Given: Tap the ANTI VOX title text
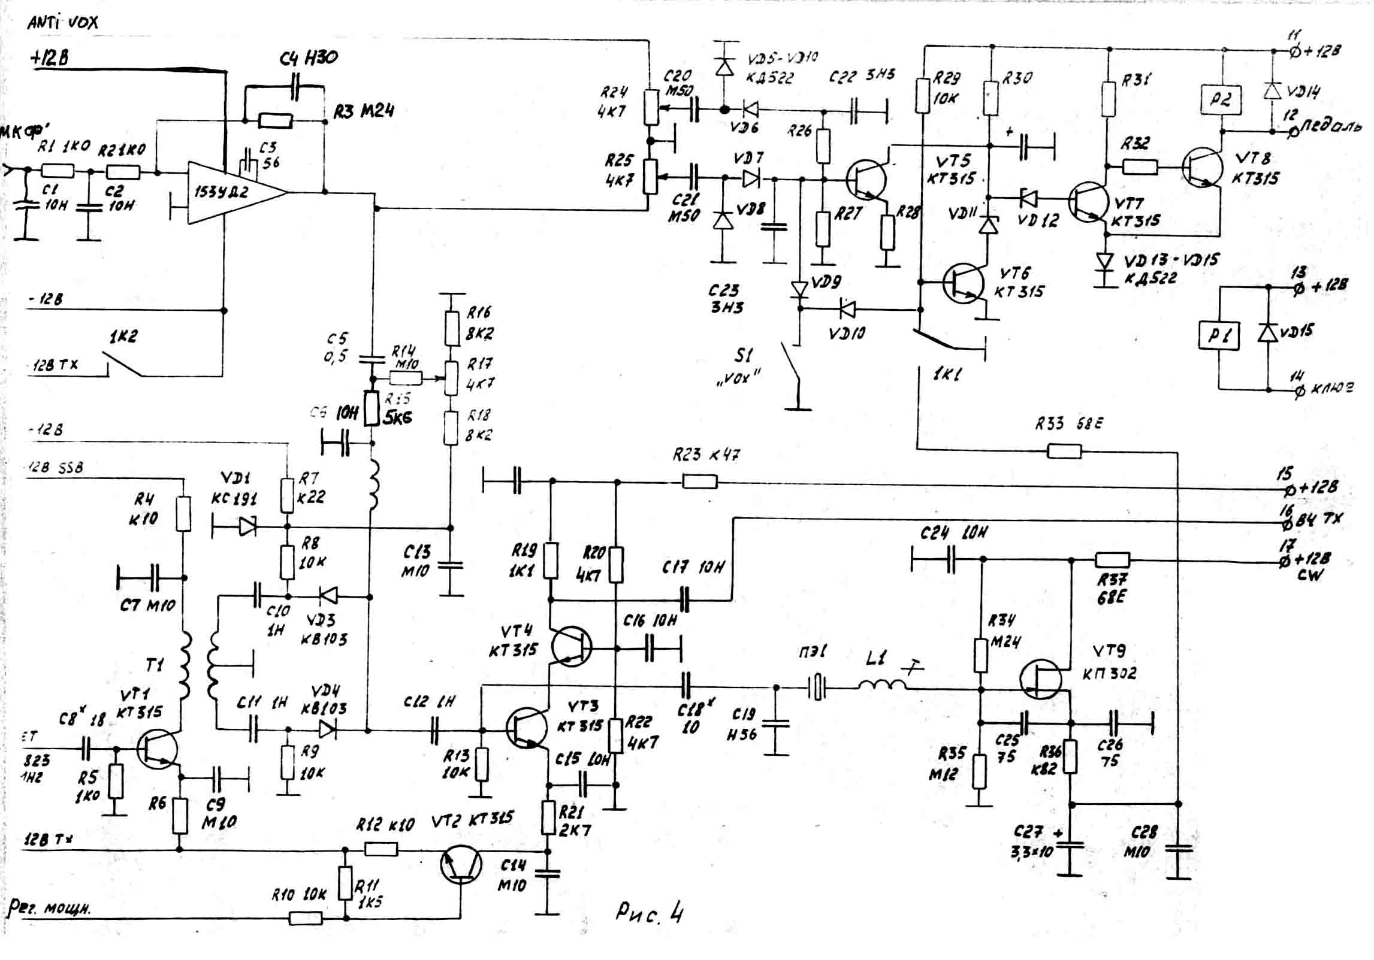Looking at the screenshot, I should click(x=62, y=23).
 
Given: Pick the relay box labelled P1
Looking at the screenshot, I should click(x=1219, y=335).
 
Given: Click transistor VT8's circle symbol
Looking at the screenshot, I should click(x=1202, y=168).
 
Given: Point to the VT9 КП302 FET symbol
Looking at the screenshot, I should click(x=1041, y=679).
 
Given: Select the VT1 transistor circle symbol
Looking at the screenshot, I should click(x=157, y=749).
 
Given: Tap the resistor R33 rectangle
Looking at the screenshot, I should click(x=1064, y=450).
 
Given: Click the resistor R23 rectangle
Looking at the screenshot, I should click(x=700, y=481).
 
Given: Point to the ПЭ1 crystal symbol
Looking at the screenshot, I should click(x=817, y=688).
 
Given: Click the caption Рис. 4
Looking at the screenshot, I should click(x=649, y=914).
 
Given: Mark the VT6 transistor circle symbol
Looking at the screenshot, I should click(x=963, y=283).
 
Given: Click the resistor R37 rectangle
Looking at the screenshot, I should click(x=1112, y=561).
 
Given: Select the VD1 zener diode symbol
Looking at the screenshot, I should click(x=247, y=527).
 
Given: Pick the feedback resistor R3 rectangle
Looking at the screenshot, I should click(x=276, y=121).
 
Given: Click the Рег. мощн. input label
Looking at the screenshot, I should click(x=49, y=908).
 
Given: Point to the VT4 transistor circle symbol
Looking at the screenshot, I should click(x=571, y=646).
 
